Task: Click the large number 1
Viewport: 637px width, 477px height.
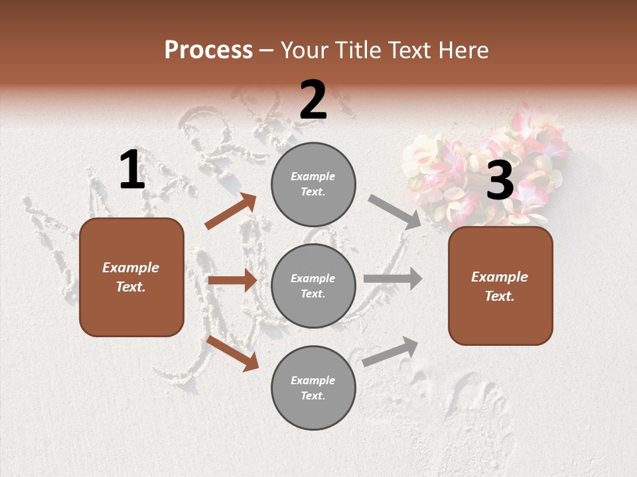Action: (x=132, y=170)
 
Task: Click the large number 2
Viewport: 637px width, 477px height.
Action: (x=313, y=101)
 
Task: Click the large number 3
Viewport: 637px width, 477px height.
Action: (x=500, y=181)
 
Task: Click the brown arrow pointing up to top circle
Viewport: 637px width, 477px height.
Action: (x=231, y=211)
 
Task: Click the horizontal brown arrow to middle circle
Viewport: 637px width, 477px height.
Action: (x=232, y=280)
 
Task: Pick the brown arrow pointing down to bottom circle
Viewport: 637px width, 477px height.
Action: (x=232, y=353)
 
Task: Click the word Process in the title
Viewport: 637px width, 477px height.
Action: (x=208, y=50)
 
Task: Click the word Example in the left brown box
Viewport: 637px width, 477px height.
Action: (x=131, y=268)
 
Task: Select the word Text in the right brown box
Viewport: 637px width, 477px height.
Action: (x=500, y=296)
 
